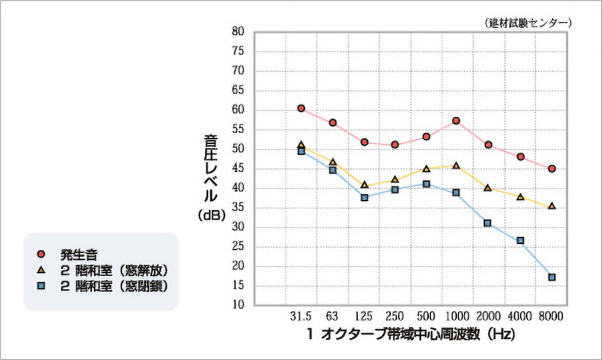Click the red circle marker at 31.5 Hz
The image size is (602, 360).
point(301,108)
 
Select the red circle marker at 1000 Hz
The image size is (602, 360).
point(456,121)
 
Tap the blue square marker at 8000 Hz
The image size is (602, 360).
point(552,277)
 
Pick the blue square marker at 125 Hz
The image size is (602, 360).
point(364,198)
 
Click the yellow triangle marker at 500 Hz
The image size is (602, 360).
point(426,168)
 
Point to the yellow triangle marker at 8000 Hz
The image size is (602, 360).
point(552,206)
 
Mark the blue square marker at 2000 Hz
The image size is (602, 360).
point(487,223)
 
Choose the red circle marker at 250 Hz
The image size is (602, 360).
point(395,145)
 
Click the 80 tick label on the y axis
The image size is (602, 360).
point(239,31)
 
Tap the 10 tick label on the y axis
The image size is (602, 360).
point(239,304)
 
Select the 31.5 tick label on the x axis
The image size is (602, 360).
point(301,317)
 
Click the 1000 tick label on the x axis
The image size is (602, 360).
point(457,317)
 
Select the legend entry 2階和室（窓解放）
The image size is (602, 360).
point(114,269)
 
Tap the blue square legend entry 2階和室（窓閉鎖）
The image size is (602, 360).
point(114,286)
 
